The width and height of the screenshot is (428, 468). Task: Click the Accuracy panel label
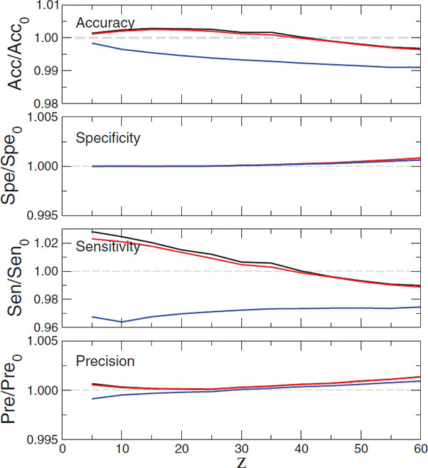(x=106, y=22)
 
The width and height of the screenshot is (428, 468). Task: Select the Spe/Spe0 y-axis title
(x=16, y=166)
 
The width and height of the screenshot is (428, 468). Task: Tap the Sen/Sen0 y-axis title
(x=16, y=278)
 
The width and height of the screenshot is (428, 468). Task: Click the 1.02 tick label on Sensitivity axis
(x=43, y=243)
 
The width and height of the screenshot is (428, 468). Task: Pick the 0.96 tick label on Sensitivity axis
(x=43, y=327)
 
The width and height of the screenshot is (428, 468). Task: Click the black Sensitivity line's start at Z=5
(x=93, y=231)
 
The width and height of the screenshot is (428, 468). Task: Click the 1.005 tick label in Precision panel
(x=40, y=341)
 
